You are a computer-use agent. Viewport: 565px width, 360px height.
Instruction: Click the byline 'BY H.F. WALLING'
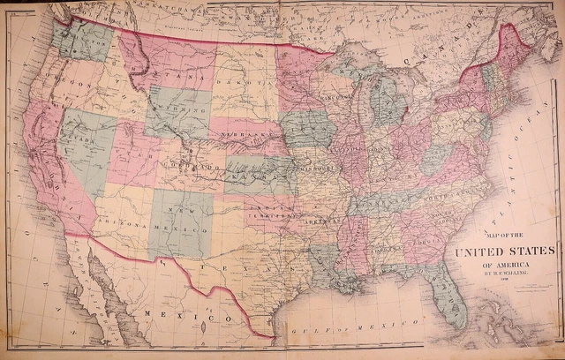(x=500, y=274)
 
